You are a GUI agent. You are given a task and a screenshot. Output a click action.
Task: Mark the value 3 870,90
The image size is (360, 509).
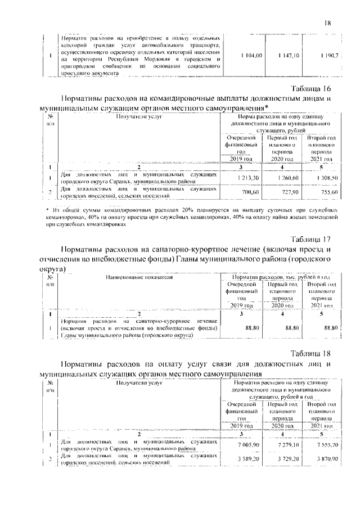point(326,460)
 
